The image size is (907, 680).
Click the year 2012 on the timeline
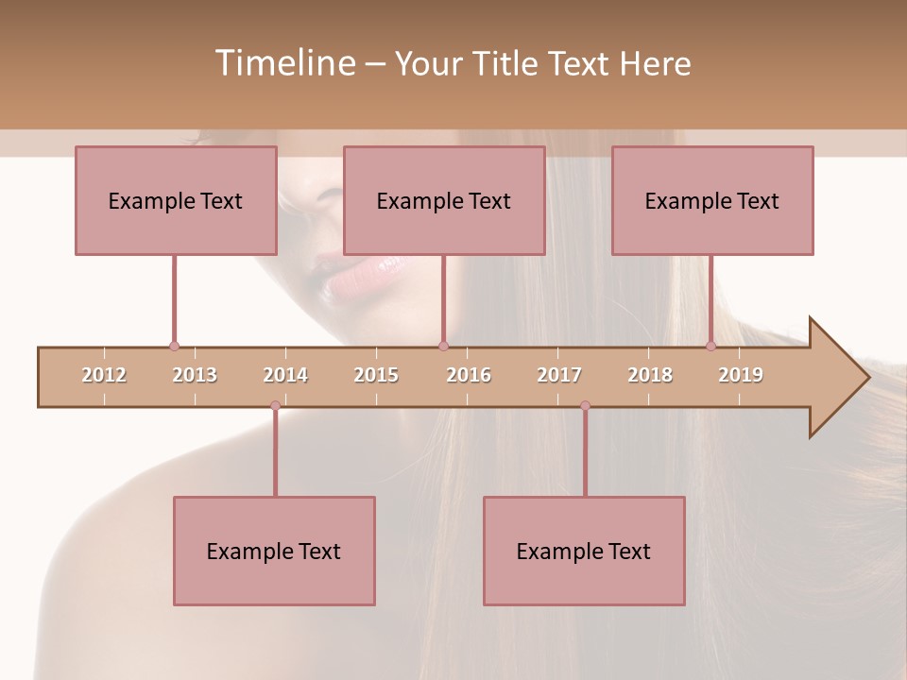pyautogui.click(x=104, y=375)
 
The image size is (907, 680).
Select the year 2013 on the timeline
pyautogui.click(x=195, y=375)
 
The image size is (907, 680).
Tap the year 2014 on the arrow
pyautogui.click(x=285, y=375)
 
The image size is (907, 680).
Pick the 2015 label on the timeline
pyautogui.click(x=376, y=375)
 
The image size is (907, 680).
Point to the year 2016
pyautogui.click(x=469, y=375)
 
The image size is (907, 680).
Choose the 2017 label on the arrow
pyautogui.click(x=559, y=375)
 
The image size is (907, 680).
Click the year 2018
pyautogui.click(x=650, y=375)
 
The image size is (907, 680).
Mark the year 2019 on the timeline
pyautogui.click(x=741, y=375)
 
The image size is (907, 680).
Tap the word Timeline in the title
pyautogui.click(x=283, y=63)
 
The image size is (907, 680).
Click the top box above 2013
pyautogui.click(x=176, y=200)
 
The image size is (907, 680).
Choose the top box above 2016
pyautogui.click(x=444, y=200)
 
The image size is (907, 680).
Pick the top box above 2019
pyautogui.click(x=712, y=200)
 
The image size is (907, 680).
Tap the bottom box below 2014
pyautogui.click(x=274, y=551)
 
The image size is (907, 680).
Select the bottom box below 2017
pyautogui.click(x=584, y=551)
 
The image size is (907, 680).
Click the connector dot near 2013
pyautogui.click(x=174, y=347)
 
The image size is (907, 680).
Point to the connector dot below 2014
pyautogui.click(x=275, y=406)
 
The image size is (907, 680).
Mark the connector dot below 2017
pyautogui.click(x=585, y=406)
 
